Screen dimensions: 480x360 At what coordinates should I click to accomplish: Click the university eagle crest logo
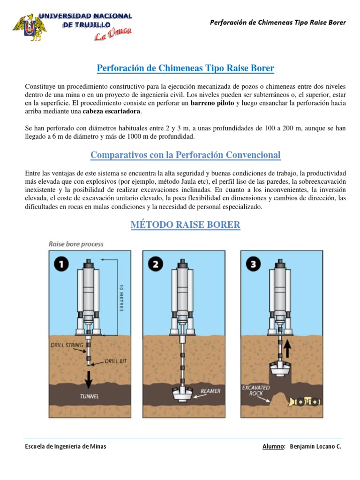click(29, 28)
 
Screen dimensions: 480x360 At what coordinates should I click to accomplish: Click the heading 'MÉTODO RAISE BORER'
click(185, 225)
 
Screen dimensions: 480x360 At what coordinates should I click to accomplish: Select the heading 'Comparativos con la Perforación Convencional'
click(185, 155)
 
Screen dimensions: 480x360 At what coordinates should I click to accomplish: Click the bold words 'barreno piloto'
click(212, 103)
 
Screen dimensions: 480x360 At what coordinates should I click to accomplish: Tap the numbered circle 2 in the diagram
click(156, 265)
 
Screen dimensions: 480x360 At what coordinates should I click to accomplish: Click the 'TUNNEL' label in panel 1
click(89, 396)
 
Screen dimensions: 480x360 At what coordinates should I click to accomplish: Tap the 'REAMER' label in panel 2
click(210, 390)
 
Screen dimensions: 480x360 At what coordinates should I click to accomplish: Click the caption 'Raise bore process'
click(76, 244)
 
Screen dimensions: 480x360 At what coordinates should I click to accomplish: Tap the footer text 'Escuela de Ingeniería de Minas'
click(66, 446)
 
